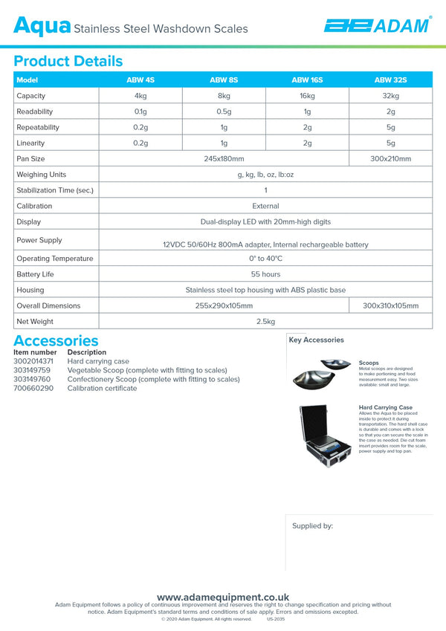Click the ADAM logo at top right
pos(376,26)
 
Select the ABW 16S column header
pos(307,80)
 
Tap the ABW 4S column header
pos(140,80)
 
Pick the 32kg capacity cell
pos(390,96)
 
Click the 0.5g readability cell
pos(224,111)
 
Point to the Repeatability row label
pos(38,127)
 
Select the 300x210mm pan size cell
pos(390,158)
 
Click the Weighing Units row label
pos(42,175)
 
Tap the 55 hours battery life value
pos(265,274)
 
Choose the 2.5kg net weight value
pos(265,322)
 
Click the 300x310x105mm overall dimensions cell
pos(390,305)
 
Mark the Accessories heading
pos(56,341)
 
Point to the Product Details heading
pos(68,61)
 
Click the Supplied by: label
pos(312,525)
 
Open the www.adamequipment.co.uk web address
pos(223,597)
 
